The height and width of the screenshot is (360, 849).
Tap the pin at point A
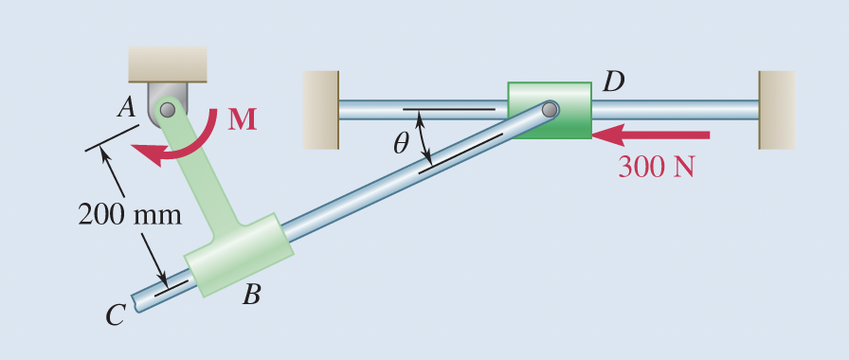pos(168,110)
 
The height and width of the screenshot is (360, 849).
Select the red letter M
pos(242,119)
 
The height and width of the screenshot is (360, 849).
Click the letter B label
pos(250,296)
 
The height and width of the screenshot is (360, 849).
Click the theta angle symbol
pos(401,143)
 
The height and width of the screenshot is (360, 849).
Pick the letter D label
pos(613,81)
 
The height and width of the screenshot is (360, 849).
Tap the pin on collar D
pos(550,110)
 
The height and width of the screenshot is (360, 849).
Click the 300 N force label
pos(657,166)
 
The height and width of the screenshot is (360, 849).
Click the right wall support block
pos(776,110)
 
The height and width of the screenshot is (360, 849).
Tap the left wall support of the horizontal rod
pos(320,110)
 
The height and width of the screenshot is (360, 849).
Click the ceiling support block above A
pos(168,63)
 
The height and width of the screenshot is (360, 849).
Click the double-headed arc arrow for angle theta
pos(424,139)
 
